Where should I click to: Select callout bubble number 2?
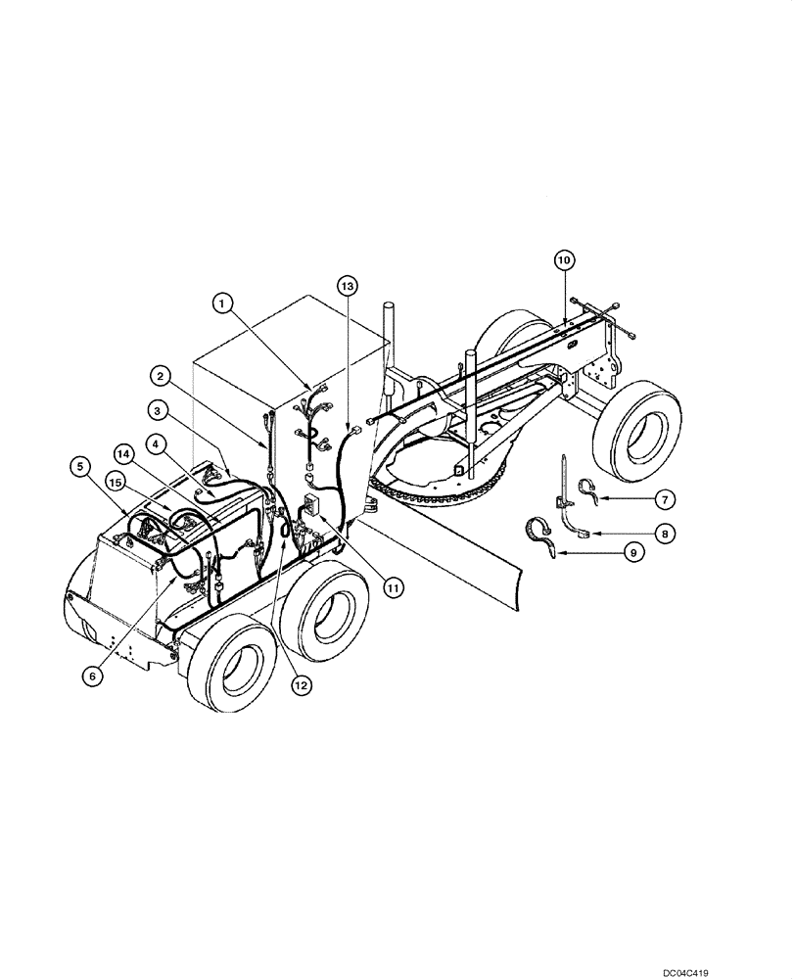coord(161,375)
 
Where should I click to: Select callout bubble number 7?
coord(663,500)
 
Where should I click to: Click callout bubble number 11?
coord(393,588)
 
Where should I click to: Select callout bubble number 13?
coord(347,285)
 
